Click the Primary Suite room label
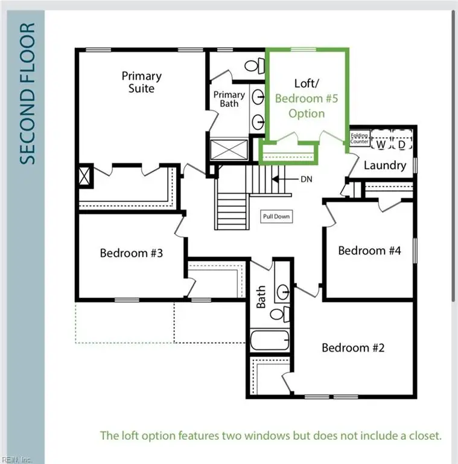coord(142,83)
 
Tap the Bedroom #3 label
coord(132,253)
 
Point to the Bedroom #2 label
coord(353,347)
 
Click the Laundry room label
coord(384,165)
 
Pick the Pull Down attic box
coord(276,216)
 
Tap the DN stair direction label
coord(307,179)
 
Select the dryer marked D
coord(401,144)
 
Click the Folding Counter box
coord(360,138)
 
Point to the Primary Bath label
coord(229,99)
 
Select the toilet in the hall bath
coord(278,314)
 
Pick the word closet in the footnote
coord(424,435)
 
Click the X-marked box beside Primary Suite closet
coord(84,177)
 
